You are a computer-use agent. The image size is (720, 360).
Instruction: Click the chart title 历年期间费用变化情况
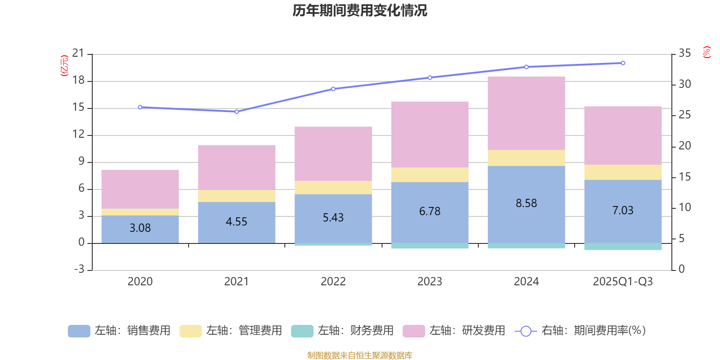pos(360,10)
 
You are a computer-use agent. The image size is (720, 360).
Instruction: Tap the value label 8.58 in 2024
pos(526,203)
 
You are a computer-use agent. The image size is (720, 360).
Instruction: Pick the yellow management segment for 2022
pos(333,187)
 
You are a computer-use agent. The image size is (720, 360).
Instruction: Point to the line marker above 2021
pos(237,112)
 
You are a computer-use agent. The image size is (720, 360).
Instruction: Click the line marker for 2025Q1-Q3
pos(623,63)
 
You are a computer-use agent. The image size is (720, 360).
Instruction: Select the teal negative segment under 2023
pos(430,246)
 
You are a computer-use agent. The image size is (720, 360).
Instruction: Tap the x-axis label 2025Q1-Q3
pos(623,282)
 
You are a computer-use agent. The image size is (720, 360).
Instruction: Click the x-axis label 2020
pos(140,282)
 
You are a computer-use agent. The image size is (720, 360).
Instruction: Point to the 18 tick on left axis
pos(78,81)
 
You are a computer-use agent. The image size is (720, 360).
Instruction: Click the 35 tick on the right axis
pos(684,53)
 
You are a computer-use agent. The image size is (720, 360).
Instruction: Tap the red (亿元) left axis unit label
pos(64,66)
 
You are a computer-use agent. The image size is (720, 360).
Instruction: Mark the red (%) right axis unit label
pos(706,52)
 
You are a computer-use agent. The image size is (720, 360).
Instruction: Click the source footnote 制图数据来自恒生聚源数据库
pos(360,355)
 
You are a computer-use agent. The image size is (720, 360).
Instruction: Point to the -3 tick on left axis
pos(79,269)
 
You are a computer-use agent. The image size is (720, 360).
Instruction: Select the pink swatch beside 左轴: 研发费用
pos(414,331)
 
